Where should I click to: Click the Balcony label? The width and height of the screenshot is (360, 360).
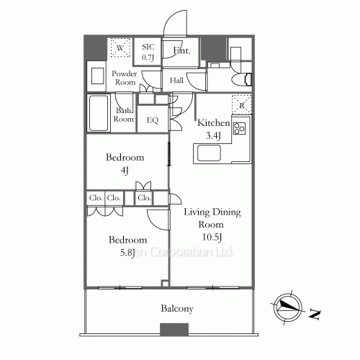click(x=176, y=309)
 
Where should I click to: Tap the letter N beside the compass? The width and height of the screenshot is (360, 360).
click(x=315, y=314)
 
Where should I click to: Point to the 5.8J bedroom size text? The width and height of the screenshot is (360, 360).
click(x=127, y=252)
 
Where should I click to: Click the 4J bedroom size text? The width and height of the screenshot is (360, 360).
click(x=125, y=171)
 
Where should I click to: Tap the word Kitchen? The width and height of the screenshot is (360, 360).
click(x=213, y=123)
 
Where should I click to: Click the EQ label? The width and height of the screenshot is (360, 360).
click(x=152, y=120)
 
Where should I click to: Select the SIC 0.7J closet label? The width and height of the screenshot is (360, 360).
click(x=148, y=51)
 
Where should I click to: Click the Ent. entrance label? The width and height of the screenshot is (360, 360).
click(x=181, y=51)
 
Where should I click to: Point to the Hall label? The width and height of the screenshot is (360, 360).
click(x=176, y=81)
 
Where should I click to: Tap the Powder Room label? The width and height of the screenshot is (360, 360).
click(x=124, y=78)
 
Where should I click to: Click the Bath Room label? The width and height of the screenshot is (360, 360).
click(x=124, y=114)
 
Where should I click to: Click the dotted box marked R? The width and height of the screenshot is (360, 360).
click(x=240, y=105)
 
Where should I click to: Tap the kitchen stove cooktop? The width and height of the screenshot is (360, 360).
click(x=239, y=130)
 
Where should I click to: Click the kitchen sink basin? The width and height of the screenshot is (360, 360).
click(x=210, y=153)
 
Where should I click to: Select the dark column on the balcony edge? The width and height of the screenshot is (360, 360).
click(x=174, y=330)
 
